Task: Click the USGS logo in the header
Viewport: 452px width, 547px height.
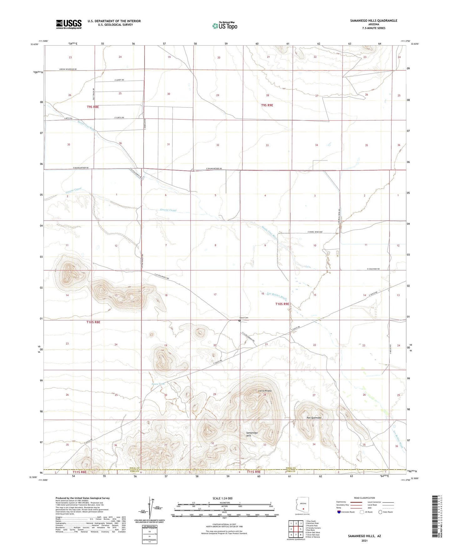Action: coord(69,24)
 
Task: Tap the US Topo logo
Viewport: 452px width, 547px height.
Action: coord(224,25)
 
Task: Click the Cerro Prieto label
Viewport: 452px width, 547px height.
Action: coord(265,391)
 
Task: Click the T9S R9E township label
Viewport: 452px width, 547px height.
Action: coord(267,105)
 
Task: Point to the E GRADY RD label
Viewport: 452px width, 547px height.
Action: coord(118,80)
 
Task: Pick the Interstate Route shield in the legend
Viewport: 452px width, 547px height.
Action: coord(339,512)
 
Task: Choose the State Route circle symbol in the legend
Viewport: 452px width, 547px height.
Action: coord(380,512)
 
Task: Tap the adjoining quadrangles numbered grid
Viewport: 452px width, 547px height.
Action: coord(296,529)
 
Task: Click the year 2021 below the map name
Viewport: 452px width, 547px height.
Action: coord(364,540)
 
